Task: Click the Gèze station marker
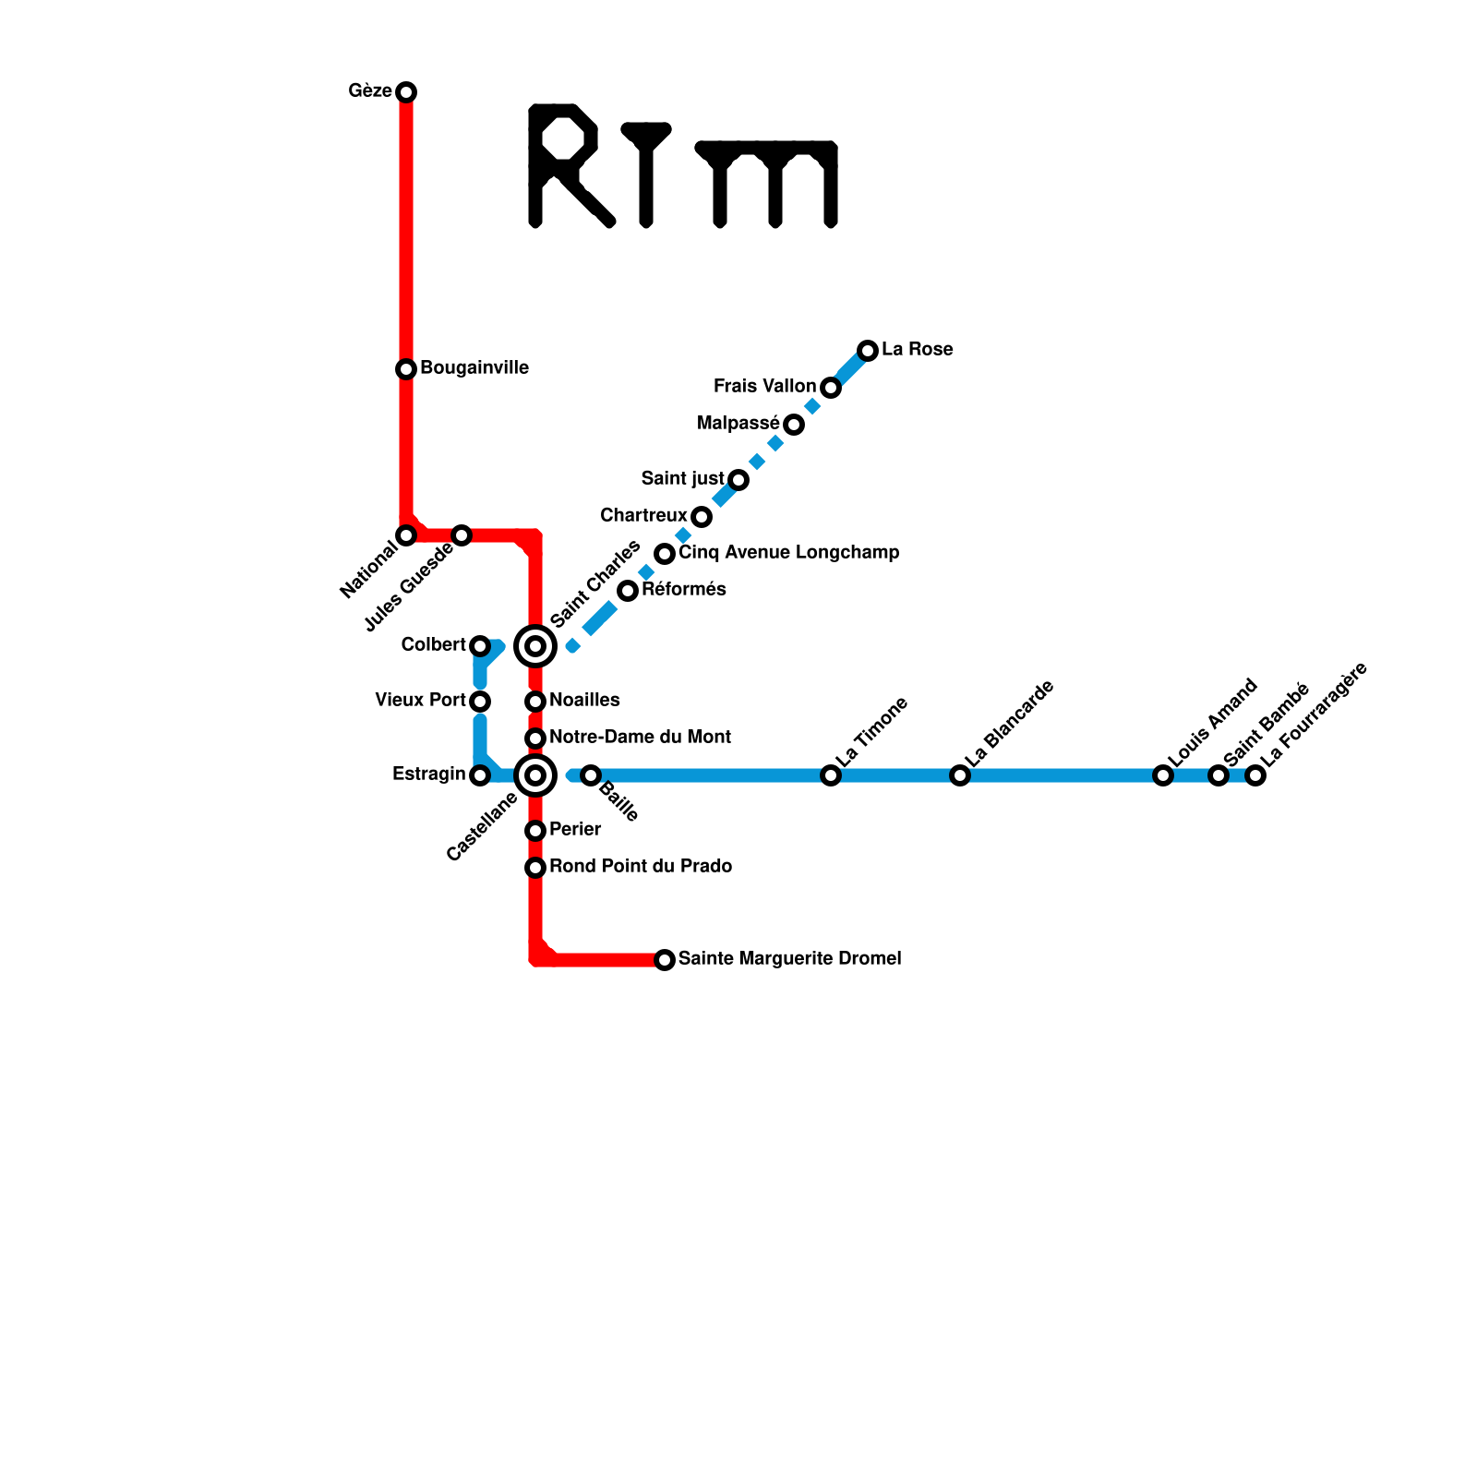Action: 406,92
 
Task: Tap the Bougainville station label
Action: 474,367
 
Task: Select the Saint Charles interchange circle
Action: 535,646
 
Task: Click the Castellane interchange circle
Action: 535,775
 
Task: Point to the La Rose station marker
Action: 868,351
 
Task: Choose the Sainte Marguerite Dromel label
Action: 789,958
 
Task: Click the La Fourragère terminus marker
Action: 1255,775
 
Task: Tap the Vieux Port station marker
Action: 480,702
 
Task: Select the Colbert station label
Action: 433,644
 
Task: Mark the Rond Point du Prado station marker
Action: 535,868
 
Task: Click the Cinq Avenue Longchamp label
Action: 788,552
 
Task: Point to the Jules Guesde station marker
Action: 462,535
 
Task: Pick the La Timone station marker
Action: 831,775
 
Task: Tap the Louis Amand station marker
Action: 1163,775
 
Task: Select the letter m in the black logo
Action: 771,183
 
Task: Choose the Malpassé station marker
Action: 794,425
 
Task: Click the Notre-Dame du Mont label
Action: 640,737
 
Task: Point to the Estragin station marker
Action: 480,775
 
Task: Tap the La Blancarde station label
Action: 1010,724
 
